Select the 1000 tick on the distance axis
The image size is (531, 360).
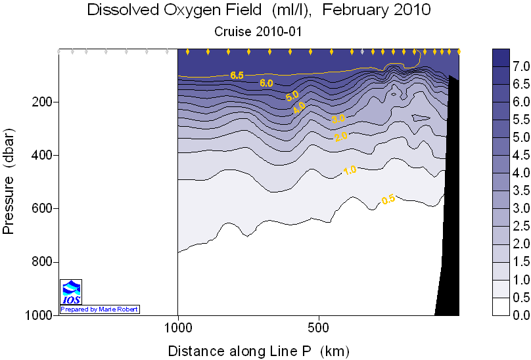pos(178,326)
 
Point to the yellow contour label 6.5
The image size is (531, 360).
pos(237,75)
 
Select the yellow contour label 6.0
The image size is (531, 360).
pos(266,83)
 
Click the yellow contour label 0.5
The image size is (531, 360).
pos(388,200)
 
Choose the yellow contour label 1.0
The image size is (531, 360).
pos(350,170)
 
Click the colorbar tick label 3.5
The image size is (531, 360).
pos(520,191)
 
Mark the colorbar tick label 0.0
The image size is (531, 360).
pos(520,315)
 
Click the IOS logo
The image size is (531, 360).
pos(70,292)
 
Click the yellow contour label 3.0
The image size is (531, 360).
pos(338,119)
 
